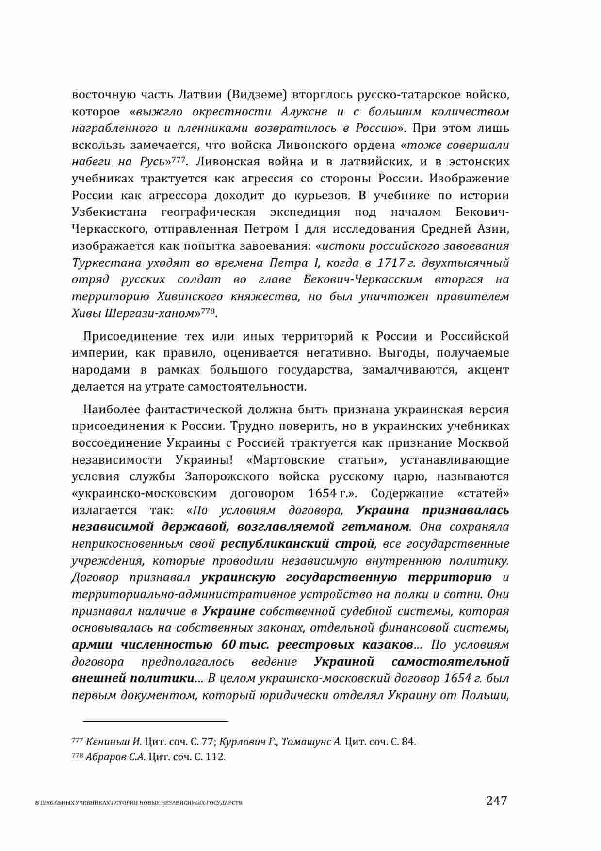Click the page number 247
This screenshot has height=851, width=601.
tap(496, 800)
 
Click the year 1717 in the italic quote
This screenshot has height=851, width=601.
tap(391, 262)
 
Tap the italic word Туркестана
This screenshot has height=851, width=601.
tap(103, 262)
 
